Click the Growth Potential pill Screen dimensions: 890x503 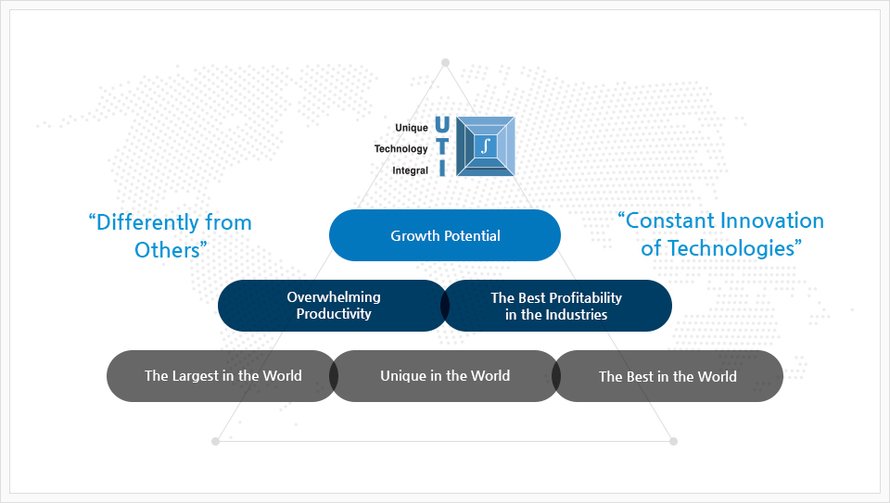(x=445, y=235)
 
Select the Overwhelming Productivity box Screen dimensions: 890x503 (x=334, y=306)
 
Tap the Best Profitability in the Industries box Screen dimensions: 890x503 (x=556, y=306)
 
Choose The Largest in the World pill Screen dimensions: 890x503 (x=222, y=376)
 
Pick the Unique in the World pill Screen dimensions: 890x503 (x=445, y=376)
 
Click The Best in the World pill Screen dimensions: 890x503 (x=667, y=376)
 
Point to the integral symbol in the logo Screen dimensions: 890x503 (x=485, y=146)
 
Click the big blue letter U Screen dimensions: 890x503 (x=442, y=125)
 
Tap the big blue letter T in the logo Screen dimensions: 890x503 (x=442, y=146)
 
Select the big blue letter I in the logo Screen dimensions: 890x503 (x=442, y=168)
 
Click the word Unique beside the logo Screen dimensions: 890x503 (x=412, y=128)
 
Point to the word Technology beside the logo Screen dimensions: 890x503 (x=400, y=148)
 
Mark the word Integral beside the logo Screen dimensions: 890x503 (x=411, y=170)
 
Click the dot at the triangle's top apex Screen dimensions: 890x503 (x=446, y=62)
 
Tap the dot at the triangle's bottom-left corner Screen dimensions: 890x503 (x=215, y=441)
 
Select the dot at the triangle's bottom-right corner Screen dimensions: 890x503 (x=673, y=441)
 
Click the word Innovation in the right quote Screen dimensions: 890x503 (x=772, y=220)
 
